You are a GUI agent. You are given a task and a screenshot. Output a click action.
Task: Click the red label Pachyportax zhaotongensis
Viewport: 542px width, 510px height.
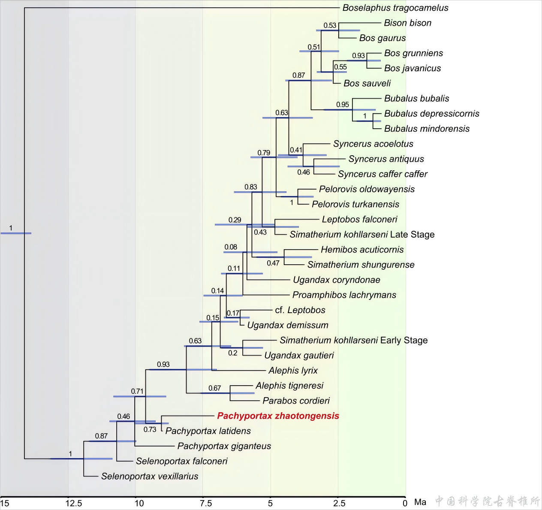coord(278,416)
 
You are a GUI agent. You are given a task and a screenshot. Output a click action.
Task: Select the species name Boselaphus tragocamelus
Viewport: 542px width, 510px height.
coord(395,8)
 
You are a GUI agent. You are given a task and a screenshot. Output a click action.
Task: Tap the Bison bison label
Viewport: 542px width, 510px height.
coord(407,23)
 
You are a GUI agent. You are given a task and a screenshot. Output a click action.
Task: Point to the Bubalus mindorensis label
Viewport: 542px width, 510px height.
coord(427,129)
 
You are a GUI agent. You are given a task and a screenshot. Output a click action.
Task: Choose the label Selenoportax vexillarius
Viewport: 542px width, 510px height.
coord(150,476)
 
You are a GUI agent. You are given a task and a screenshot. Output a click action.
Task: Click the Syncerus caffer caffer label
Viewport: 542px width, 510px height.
coord(382,174)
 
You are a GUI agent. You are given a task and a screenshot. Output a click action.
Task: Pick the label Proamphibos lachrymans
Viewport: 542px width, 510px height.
coord(344,295)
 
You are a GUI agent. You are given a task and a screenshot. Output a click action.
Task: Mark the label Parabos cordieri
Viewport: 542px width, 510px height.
coord(296,401)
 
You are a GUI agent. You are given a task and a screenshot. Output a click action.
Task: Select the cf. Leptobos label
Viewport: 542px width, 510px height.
coord(300,310)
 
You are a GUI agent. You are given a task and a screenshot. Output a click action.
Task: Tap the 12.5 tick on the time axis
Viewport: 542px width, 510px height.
coord(74,503)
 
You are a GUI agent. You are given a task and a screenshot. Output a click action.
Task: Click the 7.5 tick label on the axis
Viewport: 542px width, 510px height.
coord(206,503)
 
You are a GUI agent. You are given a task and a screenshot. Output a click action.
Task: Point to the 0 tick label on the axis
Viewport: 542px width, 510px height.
coord(405,503)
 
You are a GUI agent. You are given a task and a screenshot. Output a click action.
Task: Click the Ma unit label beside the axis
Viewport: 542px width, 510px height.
coord(420,502)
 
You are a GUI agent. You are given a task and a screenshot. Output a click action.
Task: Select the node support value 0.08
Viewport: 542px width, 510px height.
coord(231,247)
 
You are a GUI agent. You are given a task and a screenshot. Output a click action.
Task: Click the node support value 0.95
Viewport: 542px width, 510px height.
coord(343,105)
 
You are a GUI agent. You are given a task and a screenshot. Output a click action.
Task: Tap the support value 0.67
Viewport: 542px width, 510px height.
coord(214,388)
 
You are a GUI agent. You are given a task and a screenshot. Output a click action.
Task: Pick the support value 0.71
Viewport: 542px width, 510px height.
coord(137,391)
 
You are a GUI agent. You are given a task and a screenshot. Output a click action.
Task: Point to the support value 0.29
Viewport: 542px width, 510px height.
coord(235,220)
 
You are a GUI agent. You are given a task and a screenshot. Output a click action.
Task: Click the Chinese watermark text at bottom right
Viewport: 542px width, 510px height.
coord(488,501)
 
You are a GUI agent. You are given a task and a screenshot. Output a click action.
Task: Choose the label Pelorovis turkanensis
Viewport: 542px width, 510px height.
coord(355,204)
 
